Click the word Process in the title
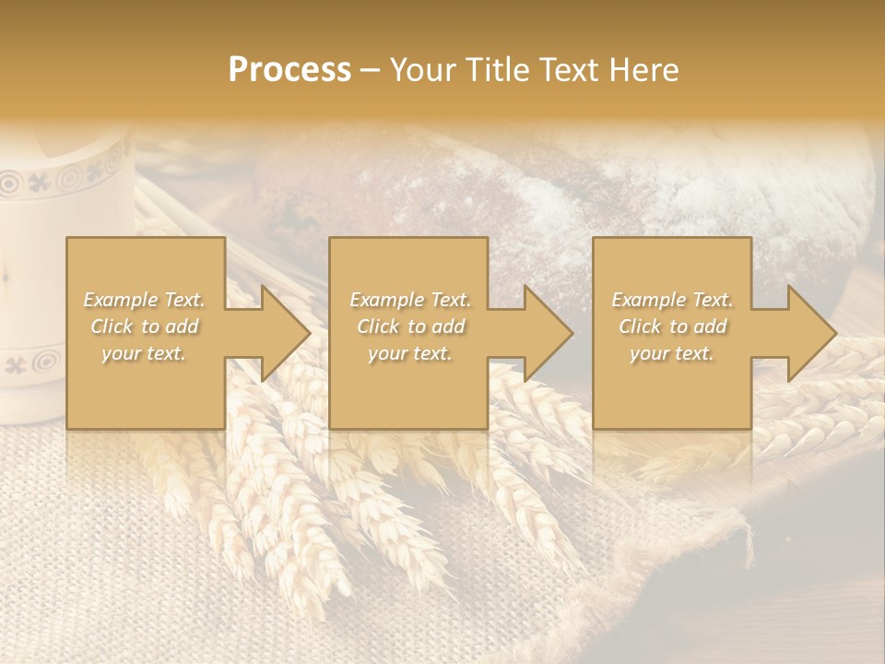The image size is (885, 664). (x=289, y=69)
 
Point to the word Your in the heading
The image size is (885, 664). (x=423, y=69)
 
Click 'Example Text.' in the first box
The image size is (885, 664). (x=145, y=300)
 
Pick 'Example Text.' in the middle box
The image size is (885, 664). (x=410, y=300)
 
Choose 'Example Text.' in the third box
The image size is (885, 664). (x=672, y=300)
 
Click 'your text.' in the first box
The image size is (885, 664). (x=144, y=353)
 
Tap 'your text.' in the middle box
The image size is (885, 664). (x=409, y=353)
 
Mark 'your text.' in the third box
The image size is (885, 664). (x=671, y=353)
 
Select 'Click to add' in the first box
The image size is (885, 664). (x=145, y=326)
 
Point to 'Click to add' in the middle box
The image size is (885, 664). (x=410, y=326)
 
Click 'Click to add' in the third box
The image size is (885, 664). (x=672, y=326)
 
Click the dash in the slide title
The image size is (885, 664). (x=371, y=71)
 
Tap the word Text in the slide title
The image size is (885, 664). (x=565, y=69)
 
